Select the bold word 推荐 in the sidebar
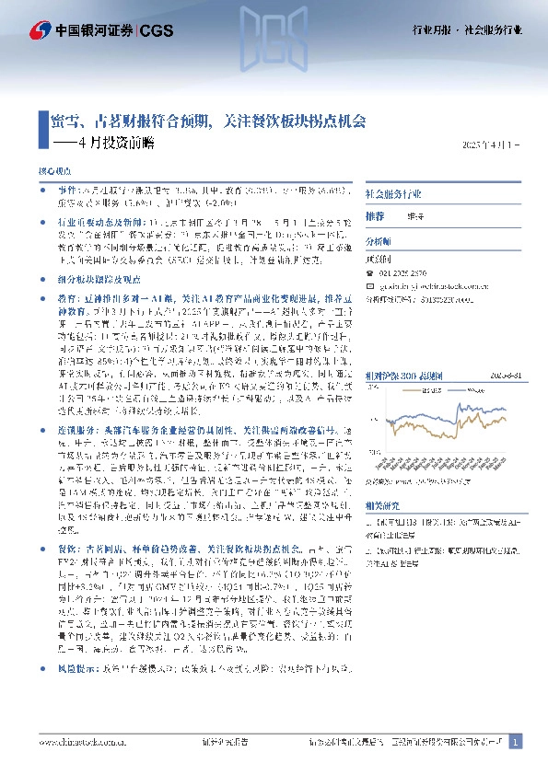[375, 215]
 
